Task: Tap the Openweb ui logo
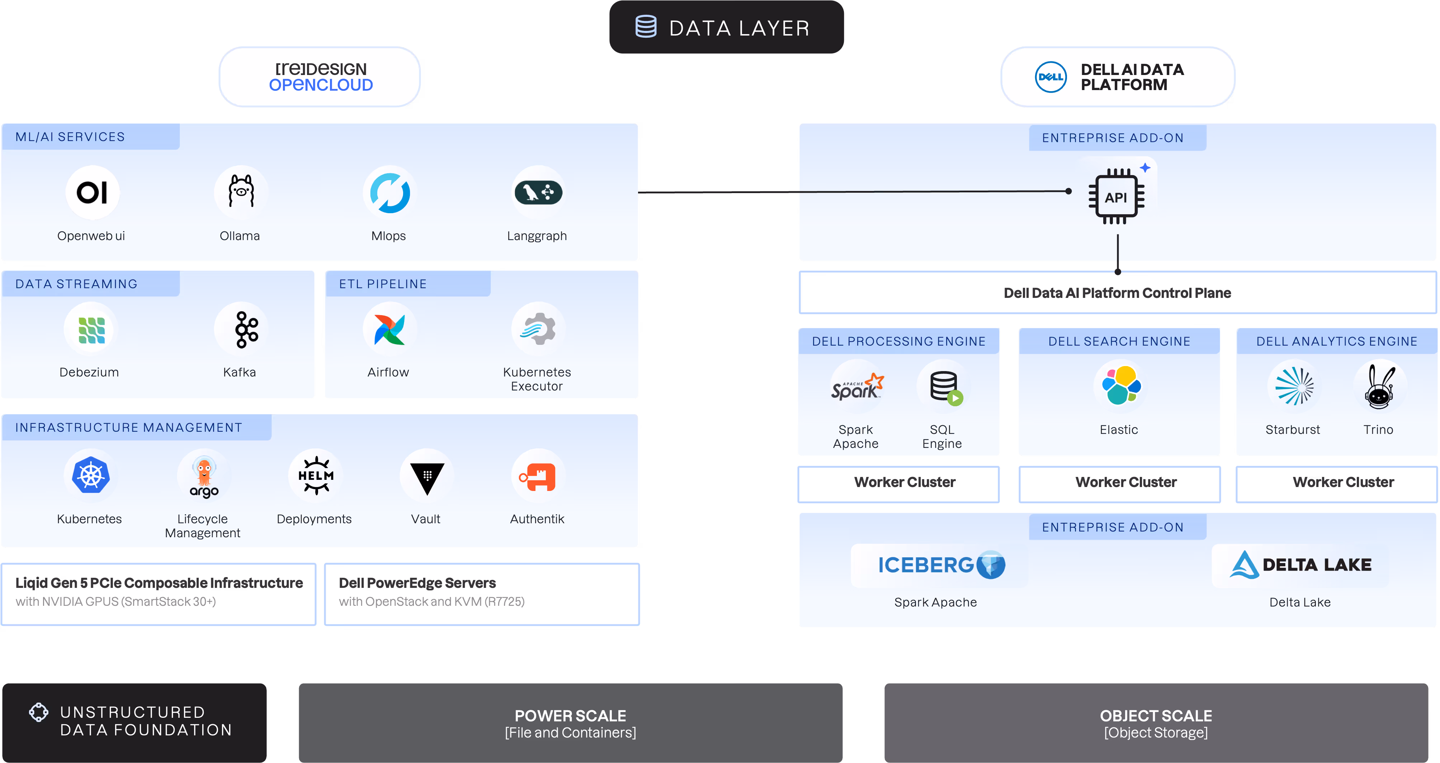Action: pos(92,192)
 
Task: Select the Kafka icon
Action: pos(246,329)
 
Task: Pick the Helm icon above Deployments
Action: pos(316,476)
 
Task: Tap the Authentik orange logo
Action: pos(537,477)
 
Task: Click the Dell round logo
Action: pos(1051,77)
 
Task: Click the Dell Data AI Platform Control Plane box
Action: pos(1118,292)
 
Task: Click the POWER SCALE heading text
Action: pos(570,716)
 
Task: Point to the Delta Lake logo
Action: pos(1301,565)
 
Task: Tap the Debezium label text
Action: pos(89,372)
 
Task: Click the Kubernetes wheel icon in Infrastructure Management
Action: pos(90,476)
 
